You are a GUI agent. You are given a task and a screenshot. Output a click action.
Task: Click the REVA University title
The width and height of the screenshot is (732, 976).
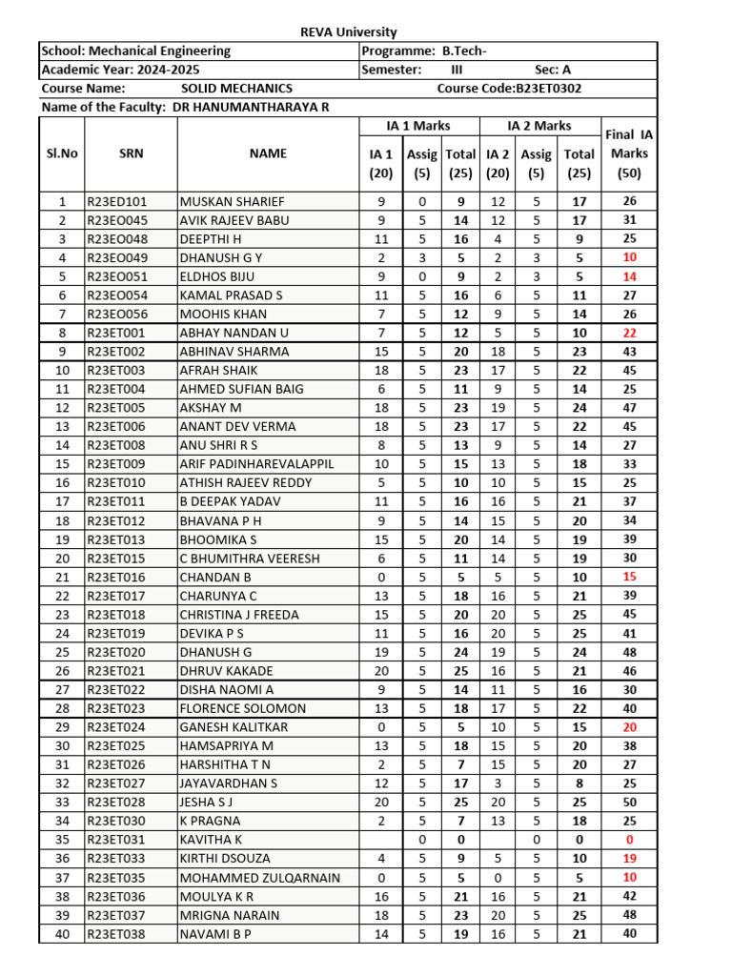(x=349, y=32)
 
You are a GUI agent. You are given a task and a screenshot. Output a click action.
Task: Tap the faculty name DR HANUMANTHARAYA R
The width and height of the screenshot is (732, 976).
(x=253, y=107)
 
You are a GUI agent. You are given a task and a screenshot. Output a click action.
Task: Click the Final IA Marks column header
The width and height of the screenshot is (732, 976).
(x=628, y=153)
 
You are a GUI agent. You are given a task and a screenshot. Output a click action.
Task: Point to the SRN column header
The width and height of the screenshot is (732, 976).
(x=131, y=153)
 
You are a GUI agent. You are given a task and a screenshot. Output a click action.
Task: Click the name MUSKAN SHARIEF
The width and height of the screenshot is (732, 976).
(x=233, y=201)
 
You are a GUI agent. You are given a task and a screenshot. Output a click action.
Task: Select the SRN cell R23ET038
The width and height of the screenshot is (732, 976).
(x=116, y=934)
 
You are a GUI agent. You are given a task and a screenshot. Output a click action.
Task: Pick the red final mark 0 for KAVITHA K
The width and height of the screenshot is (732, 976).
(x=629, y=840)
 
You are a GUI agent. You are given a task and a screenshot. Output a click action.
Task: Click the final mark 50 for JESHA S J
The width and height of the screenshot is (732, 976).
(x=629, y=803)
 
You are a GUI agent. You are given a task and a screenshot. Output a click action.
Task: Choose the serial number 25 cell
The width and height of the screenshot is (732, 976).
(x=62, y=652)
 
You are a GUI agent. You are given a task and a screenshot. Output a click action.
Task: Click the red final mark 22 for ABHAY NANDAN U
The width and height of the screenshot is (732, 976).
(x=629, y=333)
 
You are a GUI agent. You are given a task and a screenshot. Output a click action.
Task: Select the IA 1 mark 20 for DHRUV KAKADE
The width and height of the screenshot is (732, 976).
(x=381, y=671)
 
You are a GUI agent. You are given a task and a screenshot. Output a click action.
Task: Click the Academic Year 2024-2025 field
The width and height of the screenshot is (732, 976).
(x=121, y=70)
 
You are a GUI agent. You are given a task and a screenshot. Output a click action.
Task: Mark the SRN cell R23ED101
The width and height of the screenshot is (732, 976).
(x=117, y=201)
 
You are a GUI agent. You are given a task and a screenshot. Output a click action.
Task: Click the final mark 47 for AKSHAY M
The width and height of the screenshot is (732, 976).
(x=629, y=408)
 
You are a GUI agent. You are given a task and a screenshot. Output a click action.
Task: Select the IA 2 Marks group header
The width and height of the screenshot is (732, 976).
(x=539, y=126)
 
